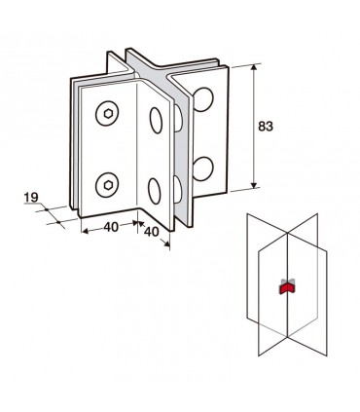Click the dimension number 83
pos(266,126)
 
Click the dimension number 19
pos(31,198)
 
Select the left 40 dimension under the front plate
pos(111,227)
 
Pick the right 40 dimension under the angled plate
pos(151,232)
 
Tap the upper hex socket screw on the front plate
pos(107,113)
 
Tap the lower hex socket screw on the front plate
pos(107,185)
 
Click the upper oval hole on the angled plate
pos(156,120)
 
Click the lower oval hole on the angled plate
pos(155,191)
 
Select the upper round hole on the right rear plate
pos(203,99)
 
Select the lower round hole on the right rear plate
pos(203,169)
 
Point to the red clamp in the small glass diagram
pos(285,288)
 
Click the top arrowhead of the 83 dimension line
pos(254,67)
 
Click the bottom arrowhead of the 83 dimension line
pos(254,185)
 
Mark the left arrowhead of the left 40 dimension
pos(85,231)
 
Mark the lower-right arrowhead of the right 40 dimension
pos(166,243)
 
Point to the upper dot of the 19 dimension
pos(47,209)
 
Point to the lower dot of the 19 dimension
pos(58,222)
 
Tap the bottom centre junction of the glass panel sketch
pos(288,337)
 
